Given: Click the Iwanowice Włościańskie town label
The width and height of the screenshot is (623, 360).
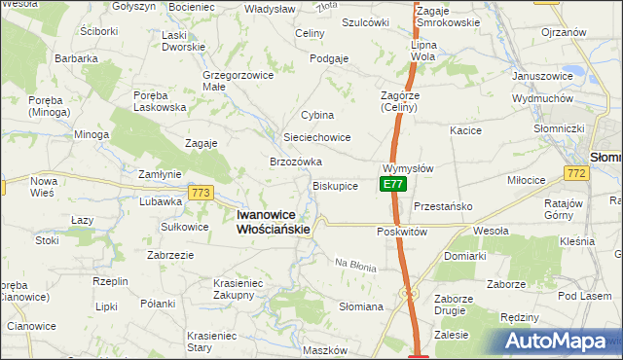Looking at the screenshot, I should (275, 222).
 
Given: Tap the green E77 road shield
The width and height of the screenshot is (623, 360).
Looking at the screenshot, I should (391, 184).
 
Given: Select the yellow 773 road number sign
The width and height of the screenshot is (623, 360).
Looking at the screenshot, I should (202, 193).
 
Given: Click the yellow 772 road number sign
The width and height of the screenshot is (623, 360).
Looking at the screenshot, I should (574, 172).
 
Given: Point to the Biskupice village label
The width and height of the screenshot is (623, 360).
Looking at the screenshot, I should (336, 185).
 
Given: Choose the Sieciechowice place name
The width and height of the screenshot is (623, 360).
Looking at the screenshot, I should (316, 137).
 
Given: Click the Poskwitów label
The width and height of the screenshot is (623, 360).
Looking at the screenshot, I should (402, 233).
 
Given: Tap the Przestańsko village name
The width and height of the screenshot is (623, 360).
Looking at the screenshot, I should (443, 206).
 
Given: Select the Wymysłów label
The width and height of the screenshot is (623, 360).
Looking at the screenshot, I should (408, 167).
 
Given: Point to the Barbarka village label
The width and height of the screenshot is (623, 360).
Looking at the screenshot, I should (77, 58).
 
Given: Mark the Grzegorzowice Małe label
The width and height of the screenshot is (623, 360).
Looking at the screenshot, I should (235, 79).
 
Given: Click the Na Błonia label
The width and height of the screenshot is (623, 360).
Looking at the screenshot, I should (355, 265).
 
